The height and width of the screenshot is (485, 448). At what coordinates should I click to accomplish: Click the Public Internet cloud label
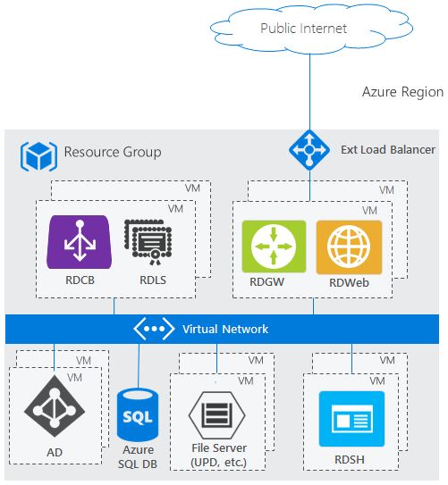click(x=303, y=29)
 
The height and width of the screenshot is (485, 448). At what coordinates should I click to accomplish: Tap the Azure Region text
click(x=402, y=92)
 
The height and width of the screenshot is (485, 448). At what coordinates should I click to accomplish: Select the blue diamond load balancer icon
click(x=309, y=150)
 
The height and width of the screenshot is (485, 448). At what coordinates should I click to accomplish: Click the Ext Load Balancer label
click(x=388, y=150)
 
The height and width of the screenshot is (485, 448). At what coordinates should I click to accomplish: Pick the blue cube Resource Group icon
click(x=38, y=156)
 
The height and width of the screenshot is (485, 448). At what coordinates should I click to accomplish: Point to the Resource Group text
click(x=113, y=152)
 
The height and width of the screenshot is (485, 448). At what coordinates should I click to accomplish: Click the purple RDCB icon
click(x=80, y=242)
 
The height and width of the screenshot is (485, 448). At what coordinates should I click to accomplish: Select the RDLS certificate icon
click(x=148, y=242)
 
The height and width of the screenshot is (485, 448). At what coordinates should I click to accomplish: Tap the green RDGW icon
click(x=274, y=247)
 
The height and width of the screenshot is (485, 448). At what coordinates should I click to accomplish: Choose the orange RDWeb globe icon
click(x=349, y=247)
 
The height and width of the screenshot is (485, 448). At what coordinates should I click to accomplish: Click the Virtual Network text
click(x=225, y=329)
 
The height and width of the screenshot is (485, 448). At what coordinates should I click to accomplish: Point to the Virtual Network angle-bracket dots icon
click(x=154, y=329)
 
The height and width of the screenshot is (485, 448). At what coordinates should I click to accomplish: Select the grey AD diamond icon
click(x=55, y=406)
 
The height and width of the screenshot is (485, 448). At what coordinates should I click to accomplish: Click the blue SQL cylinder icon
click(x=138, y=414)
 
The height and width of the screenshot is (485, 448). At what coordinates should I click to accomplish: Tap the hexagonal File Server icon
click(x=217, y=415)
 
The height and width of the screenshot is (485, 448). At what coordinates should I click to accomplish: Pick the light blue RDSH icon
click(x=351, y=419)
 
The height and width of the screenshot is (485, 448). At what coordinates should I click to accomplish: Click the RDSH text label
click(x=350, y=460)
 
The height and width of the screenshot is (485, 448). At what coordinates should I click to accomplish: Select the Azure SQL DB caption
click(x=138, y=456)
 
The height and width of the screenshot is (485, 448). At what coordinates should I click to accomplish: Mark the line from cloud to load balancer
click(x=309, y=92)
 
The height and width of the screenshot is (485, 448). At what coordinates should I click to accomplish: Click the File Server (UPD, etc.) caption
click(x=219, y=456)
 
